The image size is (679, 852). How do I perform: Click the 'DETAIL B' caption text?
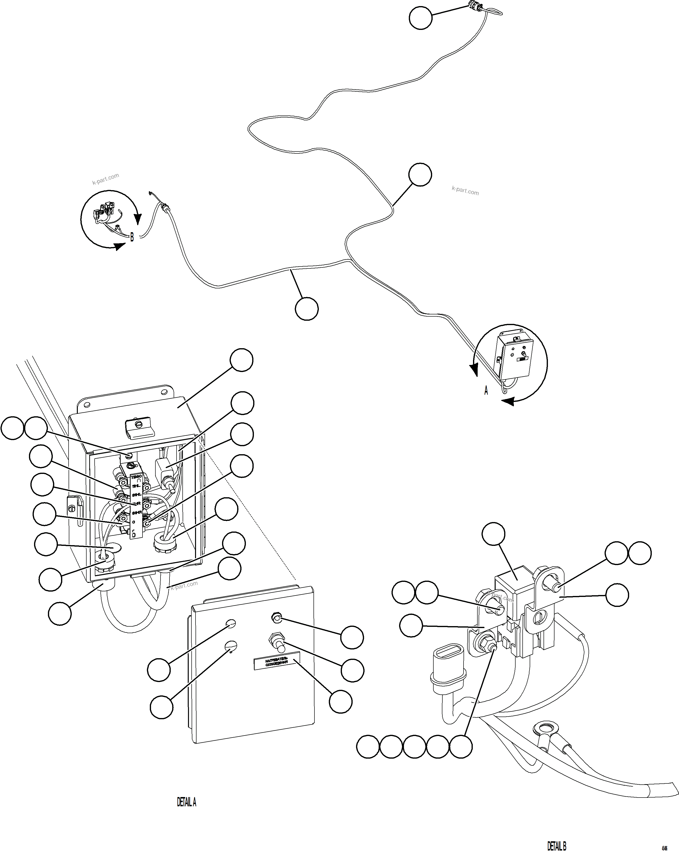(x=556, y=845)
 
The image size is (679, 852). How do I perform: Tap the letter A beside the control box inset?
(x=486, y=390)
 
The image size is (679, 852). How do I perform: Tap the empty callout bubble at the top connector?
(x=420, y=18)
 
